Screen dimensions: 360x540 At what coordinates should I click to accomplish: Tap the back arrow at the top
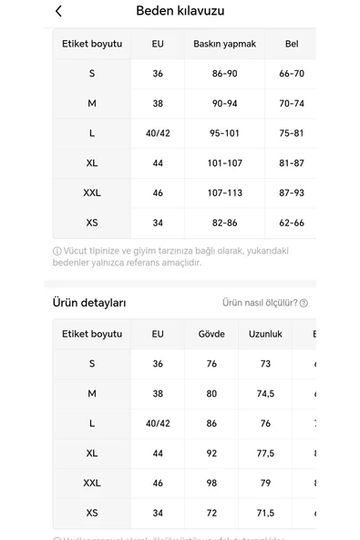pyautogui.click(x=59, y=12)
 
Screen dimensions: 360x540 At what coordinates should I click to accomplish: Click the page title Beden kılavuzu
pyautogui.click(x=180, y=12)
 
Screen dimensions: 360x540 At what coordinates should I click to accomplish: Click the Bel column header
pyautogui.click(x=292, y=44)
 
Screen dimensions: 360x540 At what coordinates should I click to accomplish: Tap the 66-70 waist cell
pyautogui.click(x=292, y=74)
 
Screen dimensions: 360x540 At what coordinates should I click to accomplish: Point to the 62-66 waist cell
pyautogui.click(x=292, y=223)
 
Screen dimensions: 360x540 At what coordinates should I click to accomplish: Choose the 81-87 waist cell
pyautogui.click(x=292, y=163)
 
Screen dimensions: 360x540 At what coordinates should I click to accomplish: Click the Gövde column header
pyautogui.click(x=211, y=334)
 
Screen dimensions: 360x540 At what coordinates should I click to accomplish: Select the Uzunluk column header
pyautogui.click(x=265, y=334)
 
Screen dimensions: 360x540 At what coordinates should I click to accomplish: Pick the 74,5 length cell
pyautogui.click(x=265, y=394)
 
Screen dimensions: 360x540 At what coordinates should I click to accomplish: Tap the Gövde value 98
pyautogui.click(x=211, y=483)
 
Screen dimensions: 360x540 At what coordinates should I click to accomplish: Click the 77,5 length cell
pyautogui.click(x=265, y=453)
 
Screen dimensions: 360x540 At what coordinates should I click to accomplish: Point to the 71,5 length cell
pyautogui.click(x=265, y=514)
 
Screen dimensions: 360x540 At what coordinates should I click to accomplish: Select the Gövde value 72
pyautogui.click(x=211, y=514)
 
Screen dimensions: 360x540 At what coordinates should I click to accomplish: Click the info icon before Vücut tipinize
pyautogui.click(x=57, y=251)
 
